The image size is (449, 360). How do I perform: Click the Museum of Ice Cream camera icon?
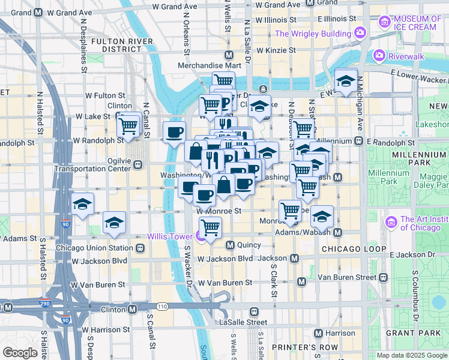[384, 22]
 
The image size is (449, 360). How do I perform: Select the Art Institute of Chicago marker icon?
[393, 224]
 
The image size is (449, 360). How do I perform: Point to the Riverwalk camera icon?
[379, 56]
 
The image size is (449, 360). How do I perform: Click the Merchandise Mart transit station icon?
[229, 55]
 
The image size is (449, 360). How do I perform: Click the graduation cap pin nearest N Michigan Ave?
[346, 82]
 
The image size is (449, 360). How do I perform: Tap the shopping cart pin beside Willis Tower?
[210, 227]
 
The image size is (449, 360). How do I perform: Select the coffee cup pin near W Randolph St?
[175, 133]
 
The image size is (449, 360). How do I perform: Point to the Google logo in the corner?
[20, 352]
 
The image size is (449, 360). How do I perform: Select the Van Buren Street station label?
[346, 277]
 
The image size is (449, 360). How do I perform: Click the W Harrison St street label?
[106, 329]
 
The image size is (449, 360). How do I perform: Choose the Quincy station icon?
[230, 245]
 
